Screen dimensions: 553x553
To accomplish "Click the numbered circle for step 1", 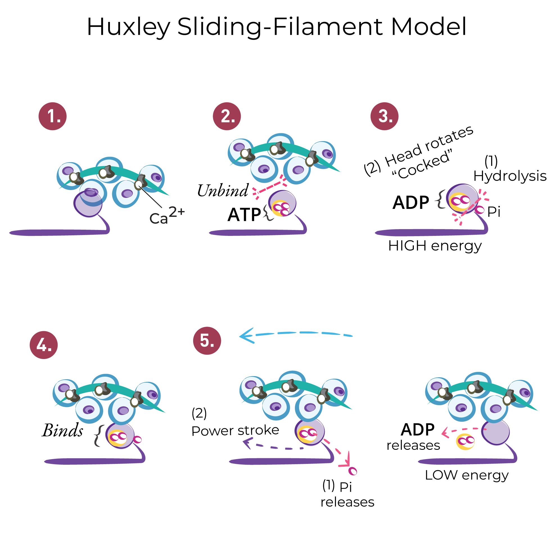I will coord(53,116).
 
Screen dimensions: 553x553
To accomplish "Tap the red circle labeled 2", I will coord(227,116).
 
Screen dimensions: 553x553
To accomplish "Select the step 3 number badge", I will coord(385,116).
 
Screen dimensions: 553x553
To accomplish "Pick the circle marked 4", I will coord(44,345).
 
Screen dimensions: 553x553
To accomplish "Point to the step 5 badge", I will coord(207,341).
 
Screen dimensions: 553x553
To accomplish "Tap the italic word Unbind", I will coord(223,191).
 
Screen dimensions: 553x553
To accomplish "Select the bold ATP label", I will coord(244,215).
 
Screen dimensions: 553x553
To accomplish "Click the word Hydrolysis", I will coord(510,176).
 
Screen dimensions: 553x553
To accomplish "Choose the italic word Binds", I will coord(63,430).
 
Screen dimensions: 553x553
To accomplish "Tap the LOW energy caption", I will coord(467,475).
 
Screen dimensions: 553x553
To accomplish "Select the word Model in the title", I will coord(428,27).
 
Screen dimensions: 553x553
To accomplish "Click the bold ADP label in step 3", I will coord(411,203).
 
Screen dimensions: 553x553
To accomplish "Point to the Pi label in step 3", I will coord(494,212).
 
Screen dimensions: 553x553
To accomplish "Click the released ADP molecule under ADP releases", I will coord(465,442).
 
